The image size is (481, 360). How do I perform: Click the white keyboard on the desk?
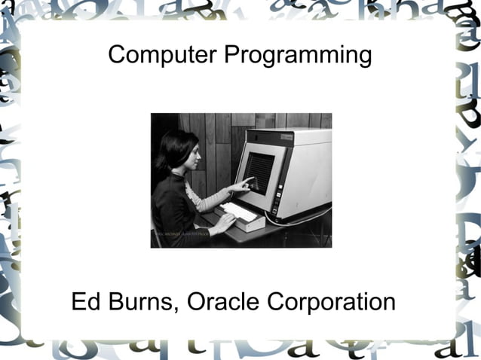tap(240, 214)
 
